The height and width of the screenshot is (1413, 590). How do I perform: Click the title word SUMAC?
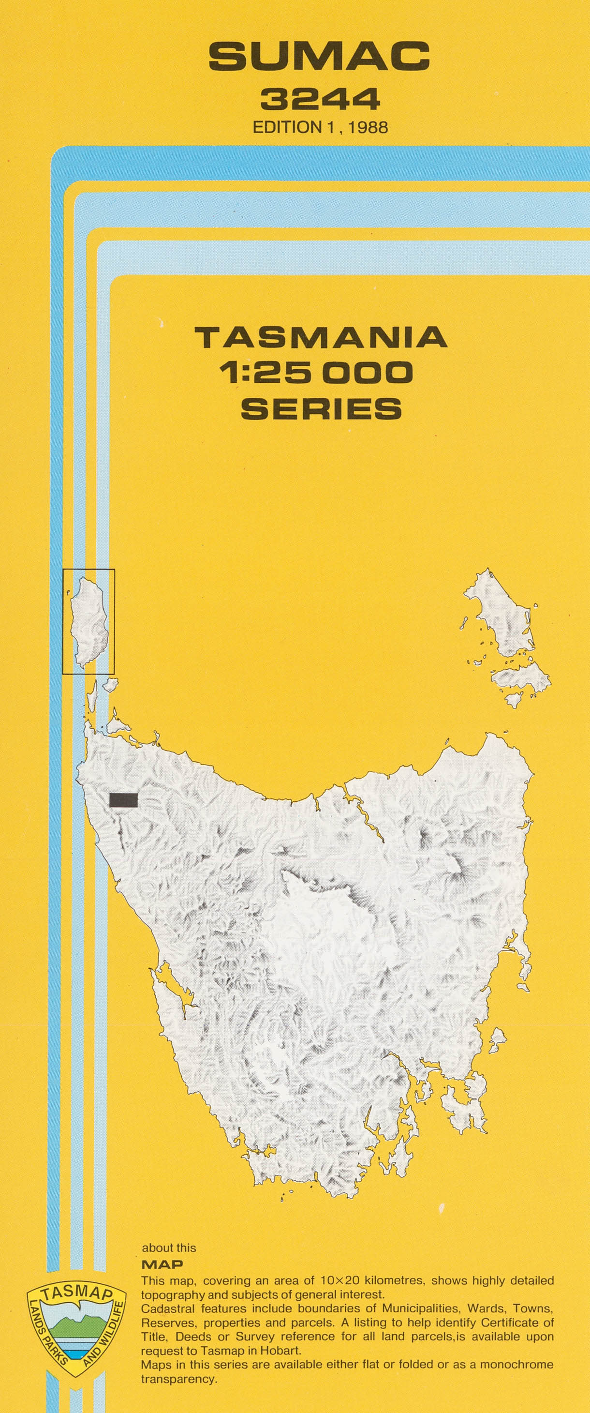(319, 57)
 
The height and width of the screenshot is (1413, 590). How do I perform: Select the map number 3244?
(320, 99)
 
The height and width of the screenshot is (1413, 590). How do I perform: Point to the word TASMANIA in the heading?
(321, 337)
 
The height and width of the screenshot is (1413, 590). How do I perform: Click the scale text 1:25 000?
(316, 373)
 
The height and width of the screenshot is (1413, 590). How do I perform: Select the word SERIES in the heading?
(321, 408)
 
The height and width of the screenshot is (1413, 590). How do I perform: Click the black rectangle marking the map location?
(123, 800)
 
